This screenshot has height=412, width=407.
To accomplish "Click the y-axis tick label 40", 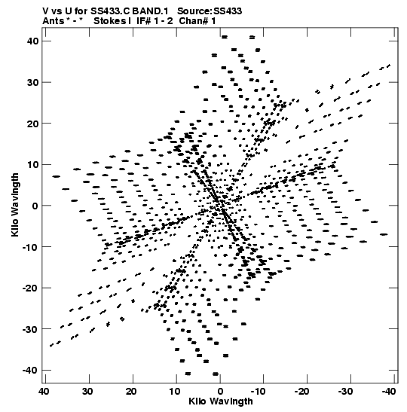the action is coord(32,41).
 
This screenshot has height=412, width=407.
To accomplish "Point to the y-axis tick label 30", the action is coord(32,82).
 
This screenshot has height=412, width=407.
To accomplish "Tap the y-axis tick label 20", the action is coord(32,124).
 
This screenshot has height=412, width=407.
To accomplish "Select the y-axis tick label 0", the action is coord(35,206).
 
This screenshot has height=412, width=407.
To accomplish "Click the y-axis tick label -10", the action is coord(30,247).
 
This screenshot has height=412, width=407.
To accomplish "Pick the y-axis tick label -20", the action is coord(30,288).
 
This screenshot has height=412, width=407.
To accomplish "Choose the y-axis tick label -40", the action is coord(30,371).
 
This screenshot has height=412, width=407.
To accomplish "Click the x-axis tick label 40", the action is coord(44,392).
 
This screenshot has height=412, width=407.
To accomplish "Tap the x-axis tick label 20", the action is coord(131,392).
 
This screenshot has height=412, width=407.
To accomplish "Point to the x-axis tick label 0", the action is coord(220,392).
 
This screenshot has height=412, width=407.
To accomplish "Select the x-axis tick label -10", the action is coord(258,392).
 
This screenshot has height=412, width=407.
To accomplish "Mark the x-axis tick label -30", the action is coord(345,392).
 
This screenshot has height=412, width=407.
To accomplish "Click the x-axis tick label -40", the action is coord(388,392).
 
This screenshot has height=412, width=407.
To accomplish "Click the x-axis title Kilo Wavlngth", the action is coord(221,401).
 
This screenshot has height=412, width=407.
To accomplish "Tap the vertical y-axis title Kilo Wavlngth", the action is coord(15,205).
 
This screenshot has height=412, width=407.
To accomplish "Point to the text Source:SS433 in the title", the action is coord(210,11).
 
